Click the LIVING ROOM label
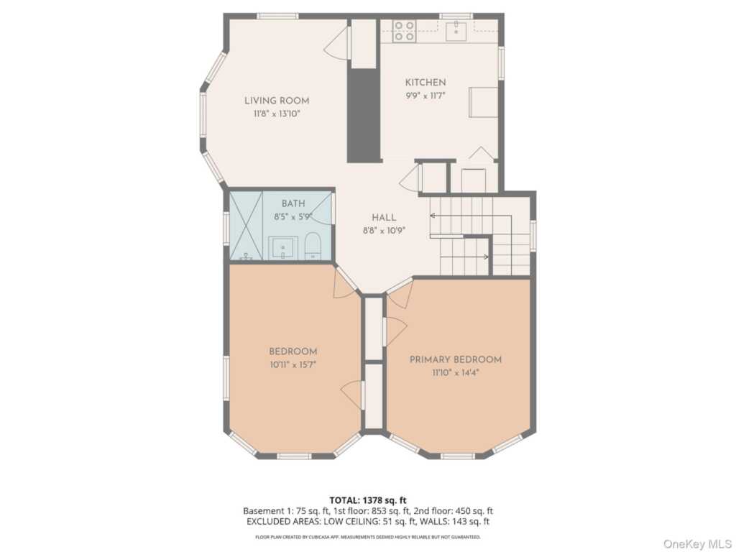pyautogui.click(x=277, y=101)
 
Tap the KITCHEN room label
pyautogui.click(x=425, y=83)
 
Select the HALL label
pyautogui.click(x=384, y=217)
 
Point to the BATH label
pyautogui.click(x=293, y=203)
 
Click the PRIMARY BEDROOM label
pyautogui.click(x=455, y=359)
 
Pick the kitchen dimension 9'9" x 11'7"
pyautogui.click(x=425, y=96)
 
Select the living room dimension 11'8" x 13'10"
pyautogui.click(x=277, y=114)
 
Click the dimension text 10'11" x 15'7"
pyautogui.click(x=293, y=364)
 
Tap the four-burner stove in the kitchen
pyautogui.click(x=404, y=30)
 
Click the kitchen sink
pyautogui.click(x=456, y=31)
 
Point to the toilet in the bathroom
pyautogui.click(x=313, y=246)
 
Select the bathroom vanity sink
pyautogui.click(x=283, y=248)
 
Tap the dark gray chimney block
pyautogui.click(x=363, y=116)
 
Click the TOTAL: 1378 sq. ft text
pyautogui.click(x=364, y=500)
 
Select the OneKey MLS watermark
pyautogui.click(x=696, y=543)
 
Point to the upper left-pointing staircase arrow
pyautogui.click(x=470, y=216)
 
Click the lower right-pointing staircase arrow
pyautogui.click(x=464, y=257)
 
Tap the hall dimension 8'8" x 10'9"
pyautogui.click(x=384, y=231)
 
